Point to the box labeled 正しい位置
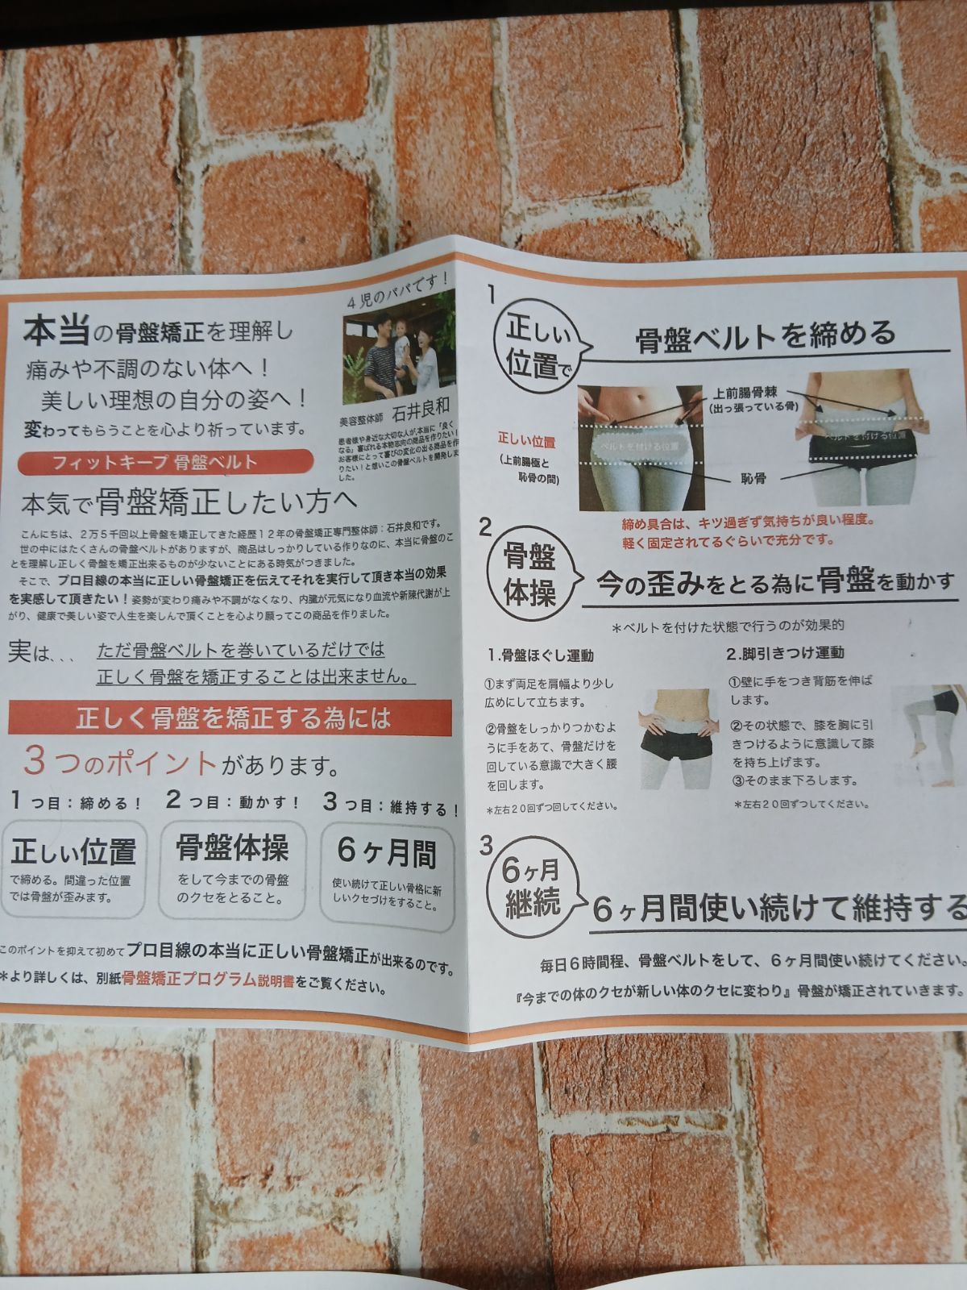point(74,867)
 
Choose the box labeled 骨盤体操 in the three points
point(232,867)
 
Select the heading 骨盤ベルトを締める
point(765,333)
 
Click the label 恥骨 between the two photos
point(753,479)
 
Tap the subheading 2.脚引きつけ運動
point(786,652)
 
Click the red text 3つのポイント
point(121,761)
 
